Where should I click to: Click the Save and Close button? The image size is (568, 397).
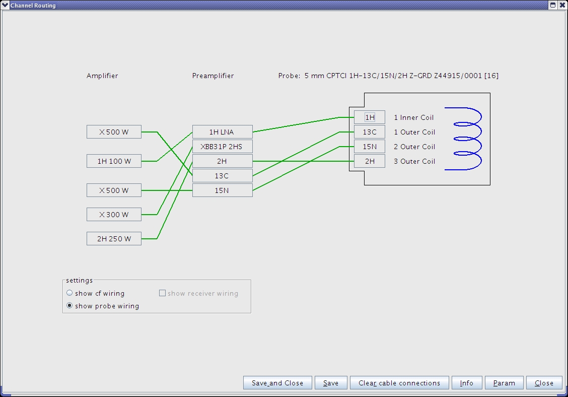pyautogui.click(x=277, y=383)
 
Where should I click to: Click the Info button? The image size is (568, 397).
pyautogui.click(x=467, y=383)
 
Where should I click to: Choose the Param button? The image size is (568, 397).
pyautogui.click(x=504, y=383)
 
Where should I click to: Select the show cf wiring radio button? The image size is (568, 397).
pyautogui.click(x=70, y=293)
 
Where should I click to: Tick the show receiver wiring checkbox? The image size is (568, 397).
pyautogui.click(x=163, y=293)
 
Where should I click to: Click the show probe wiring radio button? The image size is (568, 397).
pyautogui.click(x=70, y=306)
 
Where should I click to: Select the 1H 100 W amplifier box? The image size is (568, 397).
pyautogui.click(x=114, y=161)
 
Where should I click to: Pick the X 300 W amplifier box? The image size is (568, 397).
pyautogui.click(x=114, y=215)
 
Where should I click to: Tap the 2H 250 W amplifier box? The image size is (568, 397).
pyautogui.click(x=114, y=239)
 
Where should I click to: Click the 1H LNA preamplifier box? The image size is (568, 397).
pyautogui.click(x=222, y=132)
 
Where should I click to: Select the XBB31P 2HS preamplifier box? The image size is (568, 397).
pyautogui.click(x=222, y=147)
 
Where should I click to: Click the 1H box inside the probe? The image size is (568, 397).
pyautogui.click(x=370, y=117)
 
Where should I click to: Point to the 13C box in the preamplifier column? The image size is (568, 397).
pyautogui.click(x=222, y=176)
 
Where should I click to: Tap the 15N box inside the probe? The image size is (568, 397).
pyautogui.click(x=370, y=147)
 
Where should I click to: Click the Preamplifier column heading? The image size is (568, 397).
pyautogui.click(x=213, y=76)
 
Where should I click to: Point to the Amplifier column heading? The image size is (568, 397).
pyautogui.click(x=102, y=76)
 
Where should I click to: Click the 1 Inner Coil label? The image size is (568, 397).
pyautogui.click(x=413, y=117)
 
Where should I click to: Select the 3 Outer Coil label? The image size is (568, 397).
pyautogui.click(x=414, y=161)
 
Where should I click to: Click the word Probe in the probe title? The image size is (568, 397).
pyautogui.click(x=289, y=76)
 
